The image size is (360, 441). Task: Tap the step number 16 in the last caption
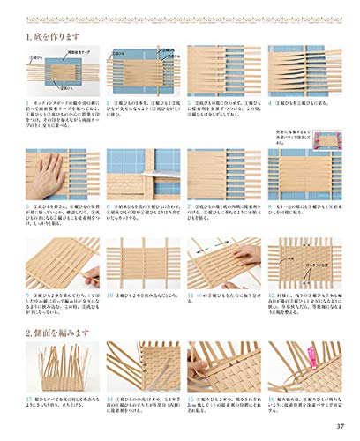tap(273, 400)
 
